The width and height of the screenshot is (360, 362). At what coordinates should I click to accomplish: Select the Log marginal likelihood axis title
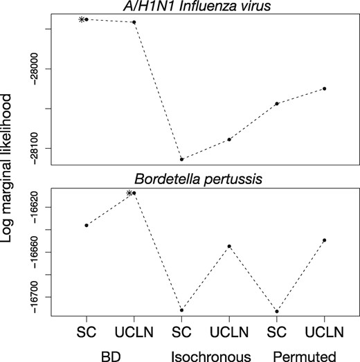(x=10, y=180)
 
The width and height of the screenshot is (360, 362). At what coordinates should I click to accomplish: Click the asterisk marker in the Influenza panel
(x=81, y=19)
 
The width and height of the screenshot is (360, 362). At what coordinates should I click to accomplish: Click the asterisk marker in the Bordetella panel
(x=129, y=193)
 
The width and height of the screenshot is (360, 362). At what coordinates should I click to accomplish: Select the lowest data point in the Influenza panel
(x=181, y=159)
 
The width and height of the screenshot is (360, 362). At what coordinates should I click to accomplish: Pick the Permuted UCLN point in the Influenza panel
(x=324, y=89)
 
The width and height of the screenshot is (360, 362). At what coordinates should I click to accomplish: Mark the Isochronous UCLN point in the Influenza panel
(x=229, y=140)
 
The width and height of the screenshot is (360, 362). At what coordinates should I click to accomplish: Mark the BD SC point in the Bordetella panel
(x=87, y=225)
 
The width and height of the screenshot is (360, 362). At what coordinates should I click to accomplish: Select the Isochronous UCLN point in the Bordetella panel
(x=229, y=246)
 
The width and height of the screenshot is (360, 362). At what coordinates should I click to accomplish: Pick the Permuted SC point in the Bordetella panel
(x=277, y=311)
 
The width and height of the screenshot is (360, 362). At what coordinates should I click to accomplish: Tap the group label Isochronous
(x=205, y=354)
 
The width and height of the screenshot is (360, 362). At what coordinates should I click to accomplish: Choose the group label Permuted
(x=300, y=354)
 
